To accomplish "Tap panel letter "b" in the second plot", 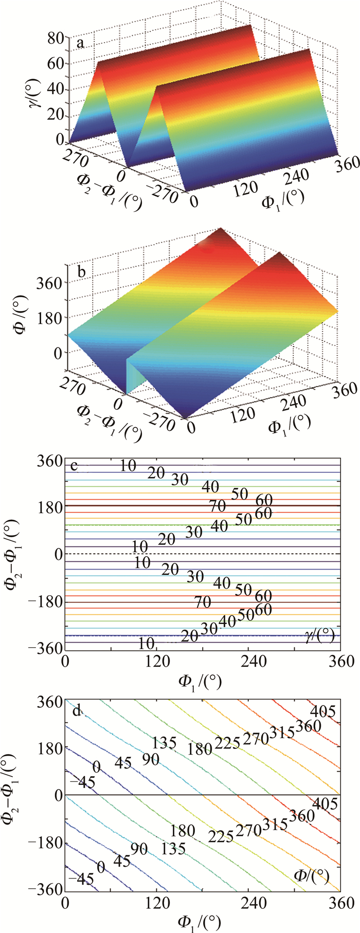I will pos(80,272).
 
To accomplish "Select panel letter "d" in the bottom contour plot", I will pos(77,712).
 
